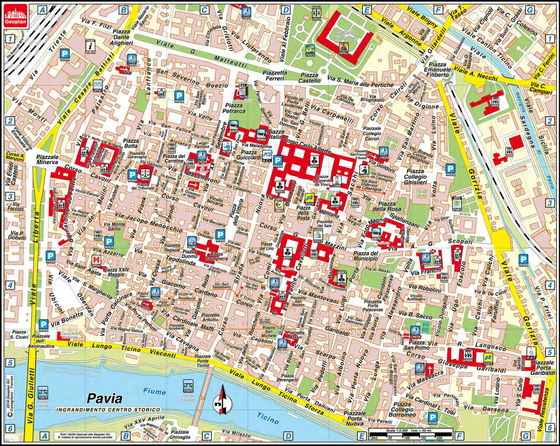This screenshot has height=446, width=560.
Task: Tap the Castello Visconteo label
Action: tap(345, 35)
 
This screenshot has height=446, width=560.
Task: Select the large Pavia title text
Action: tap(104, 398)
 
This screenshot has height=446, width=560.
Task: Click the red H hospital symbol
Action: tap(96, 260)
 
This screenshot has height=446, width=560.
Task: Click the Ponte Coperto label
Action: tap(188, 398)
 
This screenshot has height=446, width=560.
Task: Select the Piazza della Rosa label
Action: tap(387, 206)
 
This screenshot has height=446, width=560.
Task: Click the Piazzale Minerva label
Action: tap(47, 159)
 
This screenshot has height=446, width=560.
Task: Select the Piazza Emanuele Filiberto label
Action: tap(437, 69)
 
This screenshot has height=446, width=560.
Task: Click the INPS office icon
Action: tap(98, 86)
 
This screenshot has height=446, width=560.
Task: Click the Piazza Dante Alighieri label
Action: tap(121, 37)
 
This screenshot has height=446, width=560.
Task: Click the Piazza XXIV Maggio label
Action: tap(116, 272)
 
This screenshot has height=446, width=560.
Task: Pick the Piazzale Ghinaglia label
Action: tap(180, 434)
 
